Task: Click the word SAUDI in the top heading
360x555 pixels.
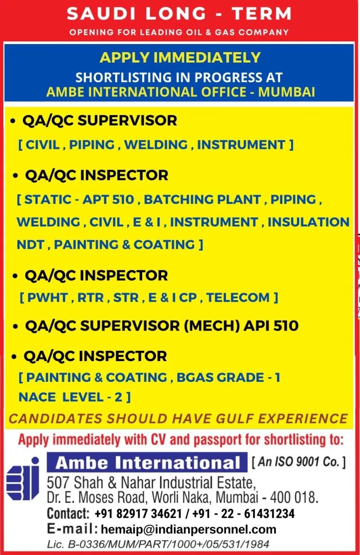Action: (x=102, y=13)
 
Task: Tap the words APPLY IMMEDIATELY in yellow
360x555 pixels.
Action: (x=180, y=58)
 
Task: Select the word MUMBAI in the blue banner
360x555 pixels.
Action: (x=286, y=92)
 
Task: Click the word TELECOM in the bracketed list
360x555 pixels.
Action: (x=238, y=297)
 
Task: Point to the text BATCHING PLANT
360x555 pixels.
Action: (x=202, y=199)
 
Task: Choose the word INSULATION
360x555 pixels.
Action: (x=309, y=222)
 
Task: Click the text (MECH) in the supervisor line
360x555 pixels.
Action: (x=212, y=325)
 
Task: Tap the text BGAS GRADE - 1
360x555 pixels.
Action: (x=228, y=377)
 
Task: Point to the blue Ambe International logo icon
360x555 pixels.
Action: (x=23, y=479)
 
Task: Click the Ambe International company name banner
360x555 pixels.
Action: (x=147, y=463)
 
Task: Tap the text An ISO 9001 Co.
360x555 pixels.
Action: (x=298, y=461)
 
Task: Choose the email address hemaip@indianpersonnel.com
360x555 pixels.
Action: (x=189, y=529)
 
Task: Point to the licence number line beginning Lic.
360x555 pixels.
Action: (x=158, y=544)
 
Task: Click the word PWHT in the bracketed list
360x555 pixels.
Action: (x=48, y=297)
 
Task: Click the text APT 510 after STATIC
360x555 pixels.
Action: (x=108, y=199)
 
